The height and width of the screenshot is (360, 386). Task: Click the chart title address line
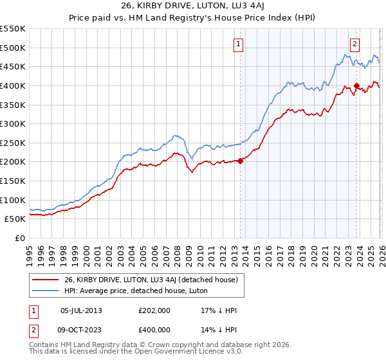coord(192,6)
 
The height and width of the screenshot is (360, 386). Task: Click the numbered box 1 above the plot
coord(238,44)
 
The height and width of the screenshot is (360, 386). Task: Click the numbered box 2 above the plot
coord(354,44)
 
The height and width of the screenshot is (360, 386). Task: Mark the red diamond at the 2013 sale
coord(241,161)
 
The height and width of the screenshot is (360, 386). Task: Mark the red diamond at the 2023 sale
coord(356,85)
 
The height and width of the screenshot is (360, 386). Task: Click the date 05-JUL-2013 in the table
coord(81,310)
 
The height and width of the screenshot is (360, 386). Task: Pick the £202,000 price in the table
coord(153,310)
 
